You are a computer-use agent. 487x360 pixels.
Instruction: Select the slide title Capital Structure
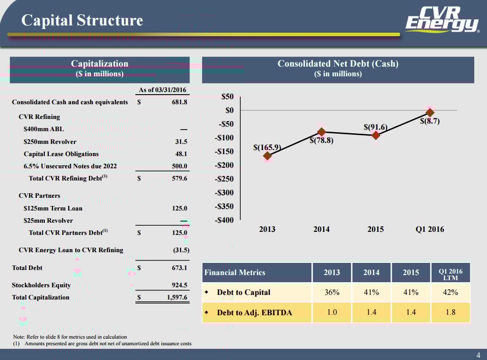(82, 20)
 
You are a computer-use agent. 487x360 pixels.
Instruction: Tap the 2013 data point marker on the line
(268, 156)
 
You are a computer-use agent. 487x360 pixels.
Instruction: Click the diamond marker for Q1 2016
(430, 112)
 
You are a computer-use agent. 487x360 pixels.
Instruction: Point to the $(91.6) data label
(376, 127)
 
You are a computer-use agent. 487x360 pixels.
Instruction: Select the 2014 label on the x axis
(322, 229)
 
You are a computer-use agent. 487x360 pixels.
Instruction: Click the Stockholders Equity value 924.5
(178, 285)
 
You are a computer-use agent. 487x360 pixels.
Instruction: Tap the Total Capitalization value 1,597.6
(177, 297)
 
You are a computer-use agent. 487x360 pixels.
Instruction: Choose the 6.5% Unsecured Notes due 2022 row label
(70, 166)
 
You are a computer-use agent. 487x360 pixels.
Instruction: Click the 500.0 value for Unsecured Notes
(179, 166)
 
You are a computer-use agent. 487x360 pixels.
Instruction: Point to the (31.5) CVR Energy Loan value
(181, 250)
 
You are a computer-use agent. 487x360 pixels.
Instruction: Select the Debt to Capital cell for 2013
(332, 292)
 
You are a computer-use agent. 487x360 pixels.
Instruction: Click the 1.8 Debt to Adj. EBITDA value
(450, 312)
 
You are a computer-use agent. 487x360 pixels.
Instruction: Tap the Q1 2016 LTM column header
(450, 273)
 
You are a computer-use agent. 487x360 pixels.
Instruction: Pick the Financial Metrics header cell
(235, 273)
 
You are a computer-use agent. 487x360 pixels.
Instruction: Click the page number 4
(478, 354)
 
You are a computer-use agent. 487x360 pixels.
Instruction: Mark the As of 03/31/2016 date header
(162, 90)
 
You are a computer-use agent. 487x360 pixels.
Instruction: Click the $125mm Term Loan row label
(53, 208)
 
